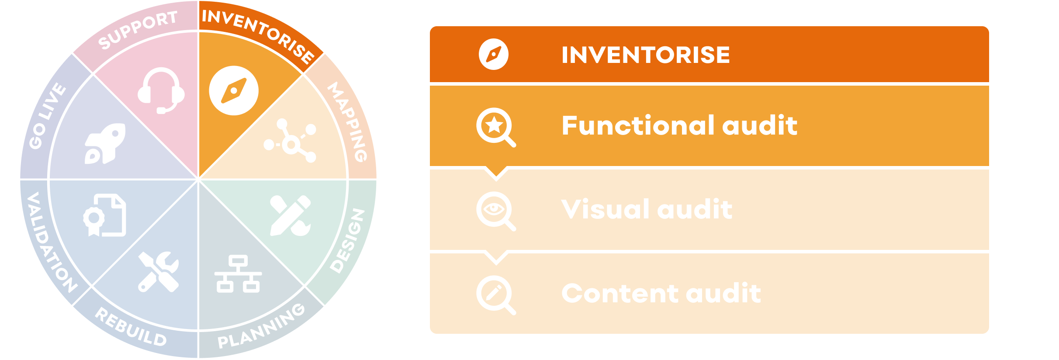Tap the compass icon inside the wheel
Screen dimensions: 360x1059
(234, 91)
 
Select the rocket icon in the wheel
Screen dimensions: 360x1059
(105, 143)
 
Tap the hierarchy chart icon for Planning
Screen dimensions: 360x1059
(238, 274)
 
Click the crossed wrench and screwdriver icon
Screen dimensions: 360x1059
(158, 271)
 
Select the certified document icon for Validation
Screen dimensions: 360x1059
(105, 215)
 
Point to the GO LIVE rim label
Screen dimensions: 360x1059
(47, 116)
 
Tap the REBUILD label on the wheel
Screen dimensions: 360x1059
(131, 328)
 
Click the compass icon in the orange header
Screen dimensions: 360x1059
(494, 55)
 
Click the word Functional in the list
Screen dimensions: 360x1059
(638, 125)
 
